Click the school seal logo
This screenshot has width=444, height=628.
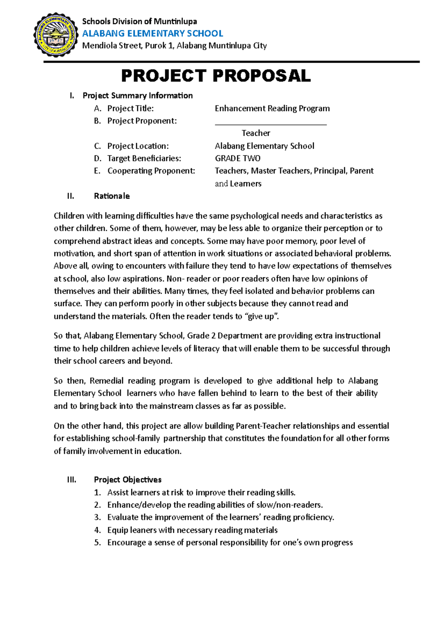pyautogui.click(x=56, y=35)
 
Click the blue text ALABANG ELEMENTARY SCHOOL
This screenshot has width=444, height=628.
pyautogui.click(x=152, y=34)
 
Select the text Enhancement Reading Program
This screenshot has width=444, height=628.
pyautogui.click(x=272, y=108)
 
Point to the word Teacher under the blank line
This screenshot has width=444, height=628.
pyautogui.click(x=256, y=133)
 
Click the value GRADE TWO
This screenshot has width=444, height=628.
pyautogui.click(x=238, y=158)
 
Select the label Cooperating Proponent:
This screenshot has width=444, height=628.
pyautogui.click(x=151, y=171)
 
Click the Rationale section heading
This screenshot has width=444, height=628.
pyautogui.click(x=112, y=196)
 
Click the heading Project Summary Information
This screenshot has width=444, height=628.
pyautogui.click(x=138, y=96)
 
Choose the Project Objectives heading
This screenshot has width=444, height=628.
pyautogui.click(x=128, y=480)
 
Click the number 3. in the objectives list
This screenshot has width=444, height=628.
pyautogui.click(x=97, y=517)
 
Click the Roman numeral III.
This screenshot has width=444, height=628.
pyautogui.click(x=72, y=480)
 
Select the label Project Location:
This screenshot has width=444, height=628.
pyautogui.click(x=138, y=146)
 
